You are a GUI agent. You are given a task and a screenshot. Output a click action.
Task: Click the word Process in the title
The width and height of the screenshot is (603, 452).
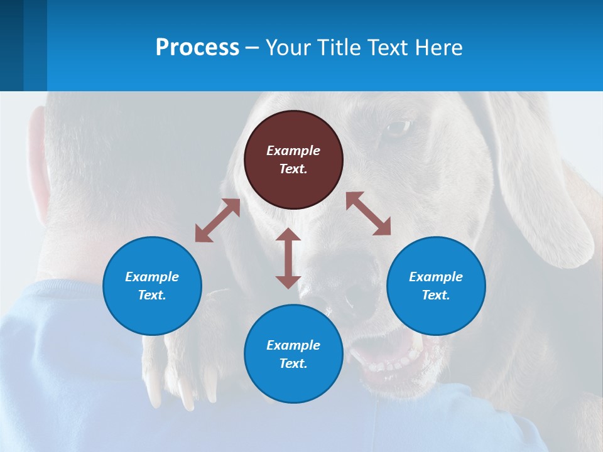(197, 48)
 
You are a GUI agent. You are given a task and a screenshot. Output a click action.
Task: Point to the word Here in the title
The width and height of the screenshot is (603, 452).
(438, 48)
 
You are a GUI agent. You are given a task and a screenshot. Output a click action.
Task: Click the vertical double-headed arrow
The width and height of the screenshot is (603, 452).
(288, 258)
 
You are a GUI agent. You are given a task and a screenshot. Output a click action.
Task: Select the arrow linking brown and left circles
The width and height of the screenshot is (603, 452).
(217, 220)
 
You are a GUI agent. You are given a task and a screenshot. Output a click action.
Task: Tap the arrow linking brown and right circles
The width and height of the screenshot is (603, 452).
(368, 213)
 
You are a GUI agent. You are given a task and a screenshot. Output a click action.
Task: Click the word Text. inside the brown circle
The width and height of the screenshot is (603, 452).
(293, 169)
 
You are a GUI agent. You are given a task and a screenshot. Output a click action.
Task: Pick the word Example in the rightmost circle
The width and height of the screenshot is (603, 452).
(436, 277)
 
